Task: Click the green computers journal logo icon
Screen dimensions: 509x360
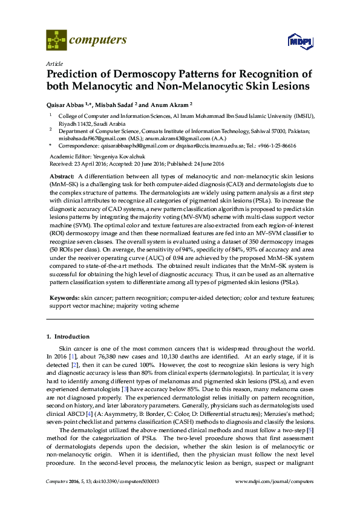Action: (x=57, y=41)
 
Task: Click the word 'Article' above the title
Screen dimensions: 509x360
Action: (x=53, y=63)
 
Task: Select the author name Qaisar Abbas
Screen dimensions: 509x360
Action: (x=65, y=103)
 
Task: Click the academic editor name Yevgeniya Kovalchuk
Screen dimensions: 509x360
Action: (x=127, y=156)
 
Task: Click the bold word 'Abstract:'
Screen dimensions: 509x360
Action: (x=63, y=175)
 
